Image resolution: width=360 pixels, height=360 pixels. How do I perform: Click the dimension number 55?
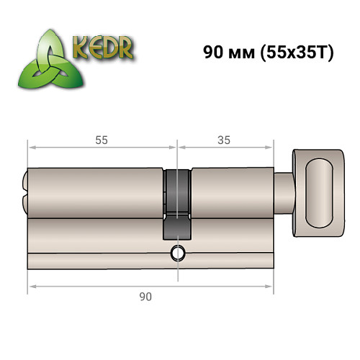[102, 140]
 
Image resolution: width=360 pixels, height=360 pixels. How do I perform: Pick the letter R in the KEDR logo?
[127, 49]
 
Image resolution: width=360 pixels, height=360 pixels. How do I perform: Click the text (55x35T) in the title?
[294, 54]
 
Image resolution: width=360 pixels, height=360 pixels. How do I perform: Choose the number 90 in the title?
[213, 54]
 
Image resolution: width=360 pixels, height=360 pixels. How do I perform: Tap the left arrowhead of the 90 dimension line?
[31, 286]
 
